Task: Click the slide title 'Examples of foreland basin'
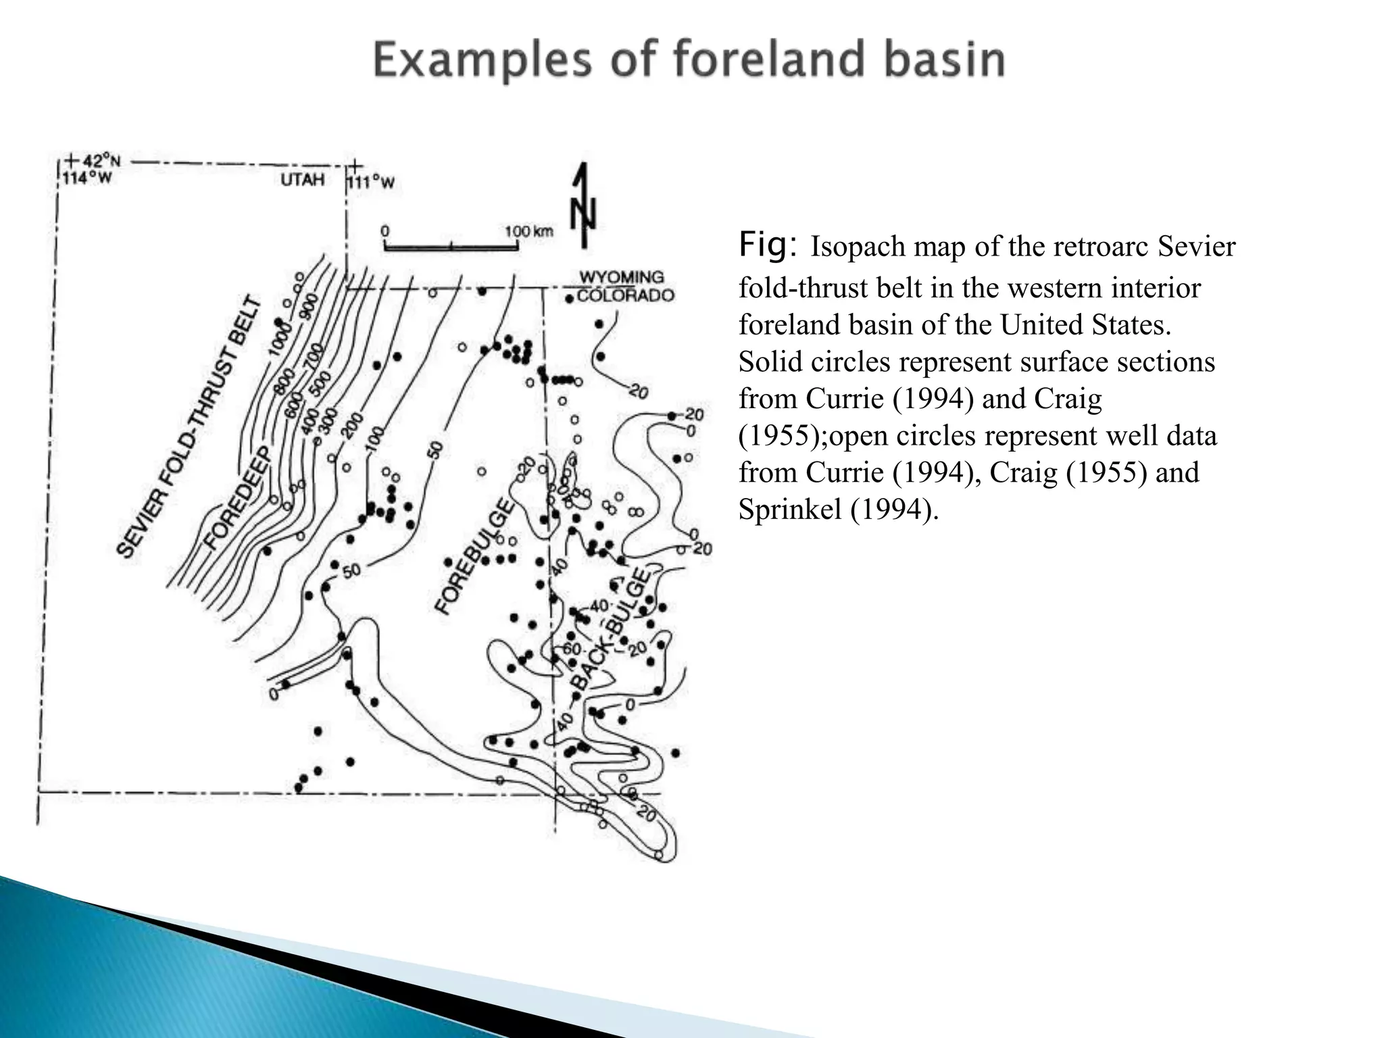tap(689, 60)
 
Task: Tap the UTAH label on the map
tap(303, 180)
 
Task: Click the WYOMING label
tap(621, 278)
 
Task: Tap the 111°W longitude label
tap(371, 182)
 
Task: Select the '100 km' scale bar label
tap(529, 231)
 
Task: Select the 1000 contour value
tap(280, 337)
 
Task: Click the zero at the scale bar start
tap(385, 231)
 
